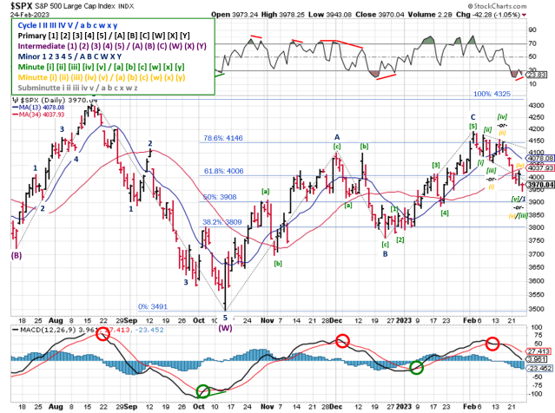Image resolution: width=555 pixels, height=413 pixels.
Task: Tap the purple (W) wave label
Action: click(x=226, y=328)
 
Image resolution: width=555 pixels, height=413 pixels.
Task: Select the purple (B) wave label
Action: click(x=16, y=255)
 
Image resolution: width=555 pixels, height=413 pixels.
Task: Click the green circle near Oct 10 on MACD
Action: click(x=203, y=391)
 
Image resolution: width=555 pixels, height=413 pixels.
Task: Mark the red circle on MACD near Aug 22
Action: click(x=102, y=336)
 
